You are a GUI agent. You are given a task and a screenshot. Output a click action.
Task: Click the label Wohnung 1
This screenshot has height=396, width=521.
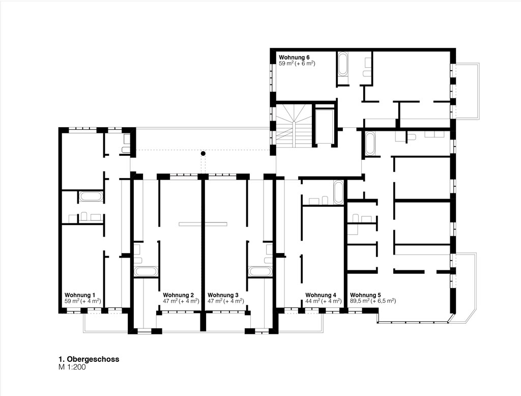tap(80, 295)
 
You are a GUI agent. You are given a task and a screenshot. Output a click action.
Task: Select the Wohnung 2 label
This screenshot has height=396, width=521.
tap(178, 295)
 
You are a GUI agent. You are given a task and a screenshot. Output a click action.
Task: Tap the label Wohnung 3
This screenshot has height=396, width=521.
tap(223, 295)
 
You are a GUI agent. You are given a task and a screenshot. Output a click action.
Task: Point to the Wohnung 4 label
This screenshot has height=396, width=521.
tap(321, 295)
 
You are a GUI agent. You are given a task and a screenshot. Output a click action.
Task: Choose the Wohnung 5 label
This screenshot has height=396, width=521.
tap(365, 295)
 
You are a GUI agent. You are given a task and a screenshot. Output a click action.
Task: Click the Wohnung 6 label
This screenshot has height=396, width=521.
tap(294, 57)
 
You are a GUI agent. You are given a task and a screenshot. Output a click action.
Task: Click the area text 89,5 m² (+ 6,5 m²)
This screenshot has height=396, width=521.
tap(373, 301)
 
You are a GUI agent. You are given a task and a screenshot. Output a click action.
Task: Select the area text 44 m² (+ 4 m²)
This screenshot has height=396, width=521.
tap(323, 301)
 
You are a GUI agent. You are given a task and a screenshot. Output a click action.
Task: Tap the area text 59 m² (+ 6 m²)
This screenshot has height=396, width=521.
tap(297, 63)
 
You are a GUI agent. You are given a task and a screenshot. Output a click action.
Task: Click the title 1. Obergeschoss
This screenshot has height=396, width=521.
tap(89, 359)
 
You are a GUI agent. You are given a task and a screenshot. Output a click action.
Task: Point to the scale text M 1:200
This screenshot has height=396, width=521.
tap(72, 367)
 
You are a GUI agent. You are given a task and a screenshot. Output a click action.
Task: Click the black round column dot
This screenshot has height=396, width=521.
tap(202, 153)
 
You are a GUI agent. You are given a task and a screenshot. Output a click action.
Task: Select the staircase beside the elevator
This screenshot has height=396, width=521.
tap(294, 126)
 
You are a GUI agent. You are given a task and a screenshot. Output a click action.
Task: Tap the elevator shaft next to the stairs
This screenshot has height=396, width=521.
tap(324, 126)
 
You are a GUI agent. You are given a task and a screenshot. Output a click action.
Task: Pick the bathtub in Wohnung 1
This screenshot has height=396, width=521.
tap(91, 196)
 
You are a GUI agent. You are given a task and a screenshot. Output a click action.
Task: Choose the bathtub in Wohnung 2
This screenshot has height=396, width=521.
tap(145, 271)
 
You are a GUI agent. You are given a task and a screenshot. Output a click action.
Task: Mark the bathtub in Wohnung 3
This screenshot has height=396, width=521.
tap(260, 271)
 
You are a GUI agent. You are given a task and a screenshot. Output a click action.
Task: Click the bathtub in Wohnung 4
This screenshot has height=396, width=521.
tap(338, 192)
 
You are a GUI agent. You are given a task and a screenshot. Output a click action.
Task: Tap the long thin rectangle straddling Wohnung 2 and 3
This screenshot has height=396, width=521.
tap(202, 224)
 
